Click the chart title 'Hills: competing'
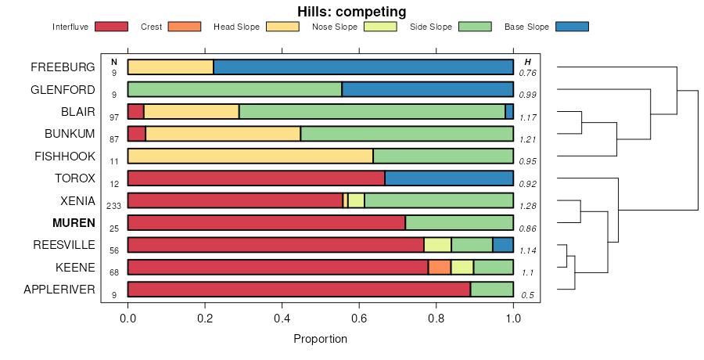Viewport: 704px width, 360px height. tap(351, 12)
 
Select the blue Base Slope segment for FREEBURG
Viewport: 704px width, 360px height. tap(363, 67)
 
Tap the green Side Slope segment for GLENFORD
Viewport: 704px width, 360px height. tap(235, 89)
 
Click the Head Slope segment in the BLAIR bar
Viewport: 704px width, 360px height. tap(192, 111)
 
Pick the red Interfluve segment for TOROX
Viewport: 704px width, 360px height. tap(256, 178)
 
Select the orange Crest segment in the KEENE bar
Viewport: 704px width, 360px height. tap(440, 268)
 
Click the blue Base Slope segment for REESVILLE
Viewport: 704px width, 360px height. tap(503, 245)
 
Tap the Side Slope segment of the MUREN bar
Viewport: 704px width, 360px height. tap(459, 223)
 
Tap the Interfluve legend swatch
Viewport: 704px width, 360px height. tap(110, 27)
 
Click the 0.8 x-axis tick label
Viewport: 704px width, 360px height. tap(436, 319)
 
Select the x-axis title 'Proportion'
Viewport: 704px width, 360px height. tap(320, 339)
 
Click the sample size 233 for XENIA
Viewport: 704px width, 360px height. tap(113, 206)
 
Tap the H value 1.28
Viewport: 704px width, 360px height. tap(527, 206)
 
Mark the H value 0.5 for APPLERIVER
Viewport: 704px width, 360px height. tap(528, 295)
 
